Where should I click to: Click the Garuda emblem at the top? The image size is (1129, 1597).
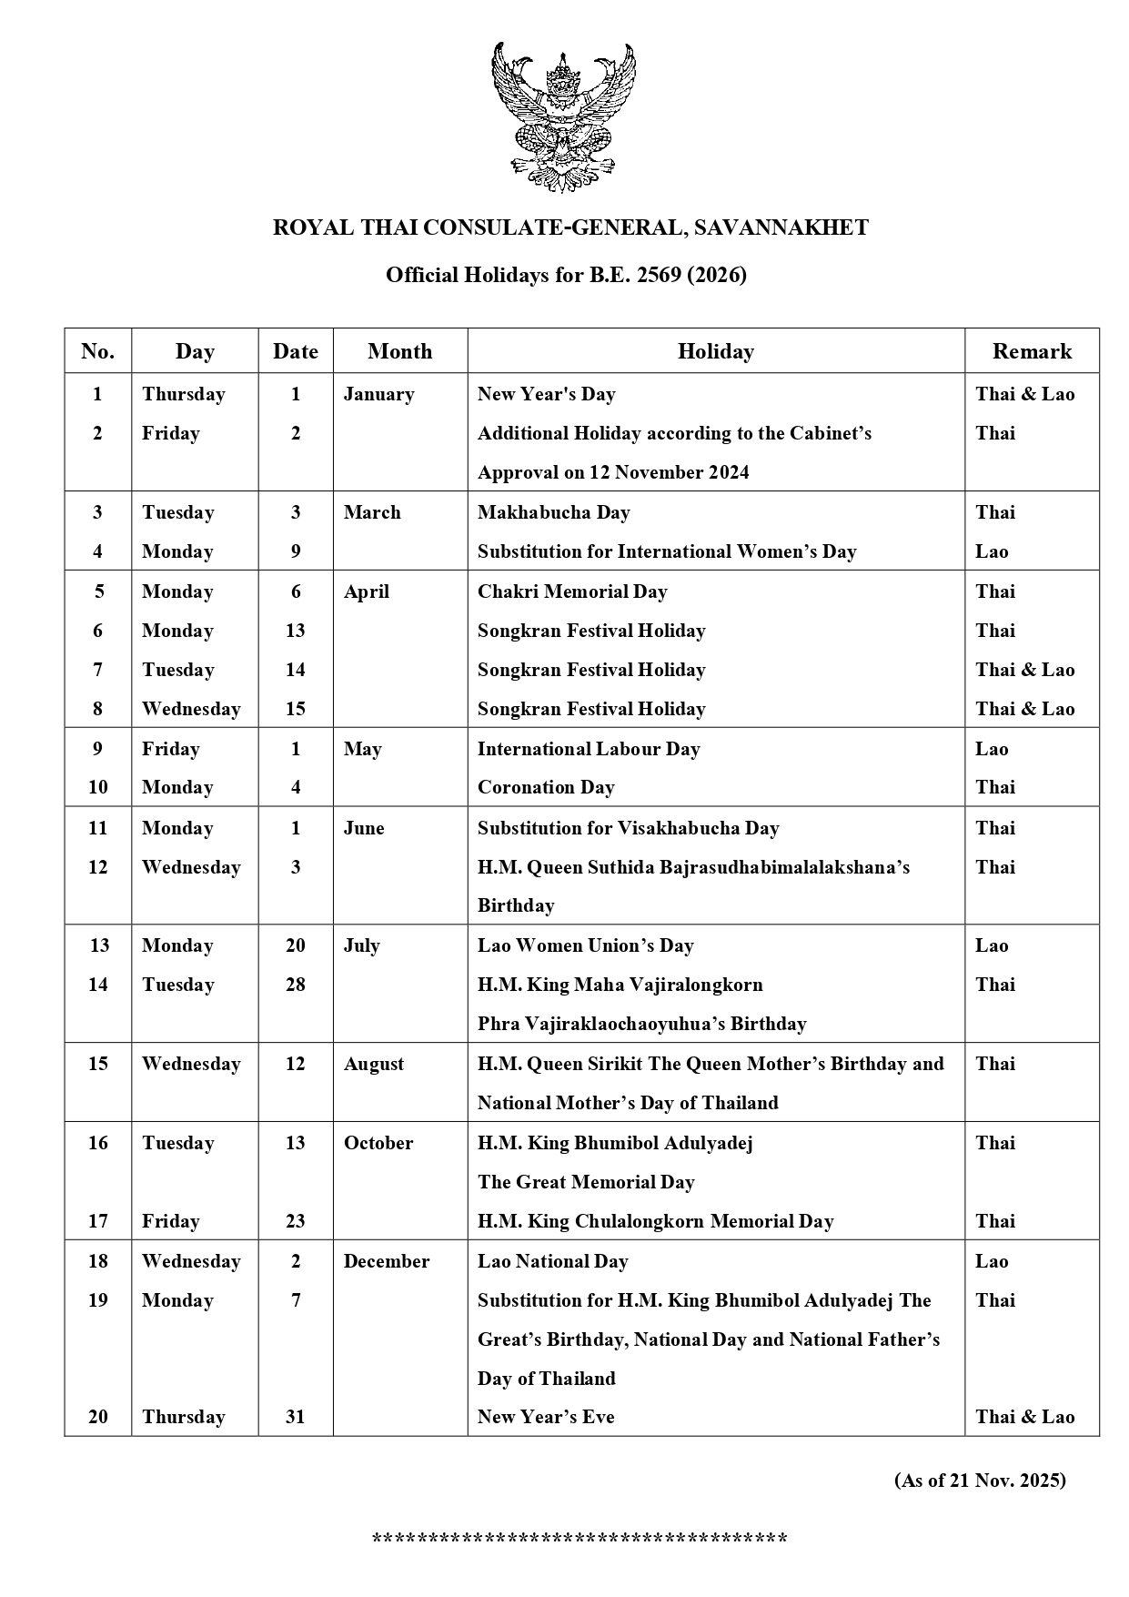click(x=563, y=116)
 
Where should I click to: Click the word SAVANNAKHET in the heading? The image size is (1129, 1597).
click(x=781, y=227)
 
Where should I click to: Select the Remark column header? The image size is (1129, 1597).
click(x=1032, y=351)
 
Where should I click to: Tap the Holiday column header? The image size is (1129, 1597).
click(x=715, y=351)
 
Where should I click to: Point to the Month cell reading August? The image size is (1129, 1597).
click(x=374, y=1064)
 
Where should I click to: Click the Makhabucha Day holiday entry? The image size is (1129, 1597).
click(x=553, y=512)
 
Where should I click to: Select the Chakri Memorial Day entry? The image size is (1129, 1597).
click(x=572, y=591)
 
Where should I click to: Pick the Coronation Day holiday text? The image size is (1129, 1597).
click(x=546, y=787)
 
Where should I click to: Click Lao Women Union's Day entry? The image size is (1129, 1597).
click(x=585, y=945)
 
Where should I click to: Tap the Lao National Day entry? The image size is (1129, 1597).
click(x=552, y=1261)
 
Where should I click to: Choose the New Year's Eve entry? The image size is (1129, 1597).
click(x=546, y=1417)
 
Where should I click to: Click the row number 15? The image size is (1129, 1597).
click(x=98, y=1064)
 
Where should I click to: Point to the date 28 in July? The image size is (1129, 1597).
click(x=296, y=985)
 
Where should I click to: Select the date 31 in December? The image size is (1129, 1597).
click(x=296, y=1417)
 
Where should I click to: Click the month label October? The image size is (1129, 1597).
click(x=378, y=1143)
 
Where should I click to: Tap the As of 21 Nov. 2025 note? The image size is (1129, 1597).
click(x=980, y=1481)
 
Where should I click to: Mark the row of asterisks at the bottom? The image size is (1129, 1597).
click(x=580, y=1540)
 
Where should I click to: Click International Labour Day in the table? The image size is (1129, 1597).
click(x=589, y=749)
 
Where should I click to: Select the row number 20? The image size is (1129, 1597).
click(x=98, y=1417)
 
